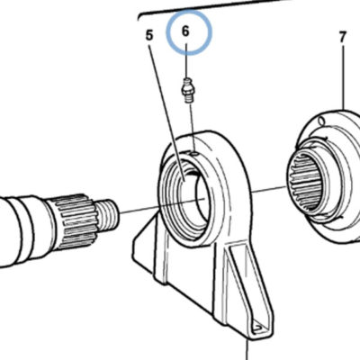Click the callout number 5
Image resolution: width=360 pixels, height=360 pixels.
pos(149,35)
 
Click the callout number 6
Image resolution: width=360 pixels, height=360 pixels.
pos(185,31)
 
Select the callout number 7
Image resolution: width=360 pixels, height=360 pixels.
pos(343,38)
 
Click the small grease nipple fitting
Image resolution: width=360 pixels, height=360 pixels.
pos(187,90)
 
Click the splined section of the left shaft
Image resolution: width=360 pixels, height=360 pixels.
pos(76,221)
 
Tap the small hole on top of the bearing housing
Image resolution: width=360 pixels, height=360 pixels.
pos(194,153)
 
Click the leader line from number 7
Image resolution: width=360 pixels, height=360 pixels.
pos(343,76)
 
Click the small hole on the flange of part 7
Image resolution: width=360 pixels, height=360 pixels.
pos(321,121)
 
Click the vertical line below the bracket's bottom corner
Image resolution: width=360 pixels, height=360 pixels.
pos(247,348)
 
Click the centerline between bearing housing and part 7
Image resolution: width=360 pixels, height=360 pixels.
pos(267,190)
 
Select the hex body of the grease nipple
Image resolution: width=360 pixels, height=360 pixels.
pos(187,89)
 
